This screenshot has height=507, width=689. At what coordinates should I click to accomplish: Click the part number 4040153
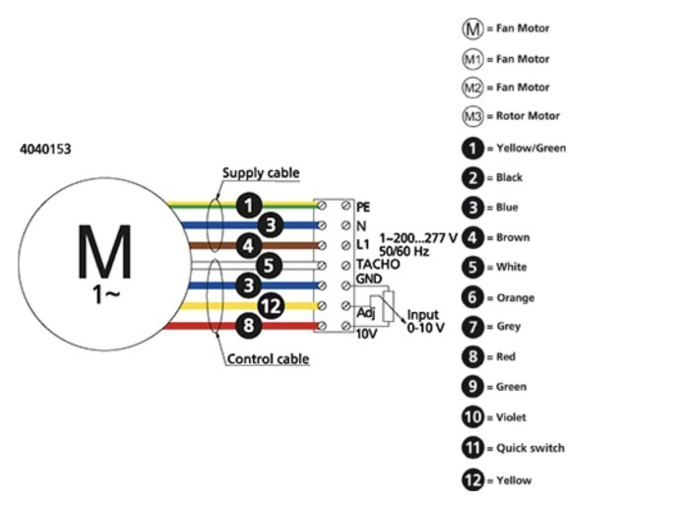(45, 150)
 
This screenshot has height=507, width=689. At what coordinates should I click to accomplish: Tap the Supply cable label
(260, 173)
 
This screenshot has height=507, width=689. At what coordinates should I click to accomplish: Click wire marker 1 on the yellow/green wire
(251, 206)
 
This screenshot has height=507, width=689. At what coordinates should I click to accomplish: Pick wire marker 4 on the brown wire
(251, 245)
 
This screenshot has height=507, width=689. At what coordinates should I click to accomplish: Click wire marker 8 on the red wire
(251, 325)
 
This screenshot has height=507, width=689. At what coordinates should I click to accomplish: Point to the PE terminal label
(362, 207)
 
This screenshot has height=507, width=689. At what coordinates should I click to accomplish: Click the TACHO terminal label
(378, 264)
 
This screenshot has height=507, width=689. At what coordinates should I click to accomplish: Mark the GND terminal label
(370, 279)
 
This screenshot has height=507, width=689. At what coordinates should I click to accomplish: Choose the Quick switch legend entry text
(532, 448)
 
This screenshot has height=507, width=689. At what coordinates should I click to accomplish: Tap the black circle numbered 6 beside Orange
(474, 297)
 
